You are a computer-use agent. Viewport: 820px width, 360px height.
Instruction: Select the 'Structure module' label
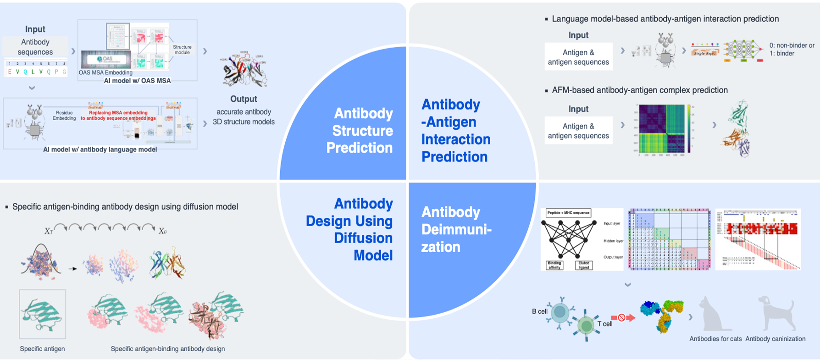tap(182, 50)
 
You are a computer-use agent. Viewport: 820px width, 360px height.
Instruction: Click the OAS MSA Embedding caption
tap(105, 72)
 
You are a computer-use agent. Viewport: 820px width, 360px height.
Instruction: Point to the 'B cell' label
tap(539, 311)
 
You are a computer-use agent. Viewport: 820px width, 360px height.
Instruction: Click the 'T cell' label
tap(604, 324)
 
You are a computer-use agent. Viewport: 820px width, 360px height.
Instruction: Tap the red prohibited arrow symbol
tap(622, 317)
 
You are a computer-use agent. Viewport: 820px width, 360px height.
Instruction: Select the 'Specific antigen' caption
tap(42, 349)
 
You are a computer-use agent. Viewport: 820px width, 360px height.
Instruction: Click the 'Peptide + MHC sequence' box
tap(568, 213)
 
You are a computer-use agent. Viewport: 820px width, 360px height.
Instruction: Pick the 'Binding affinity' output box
tap(554, 265)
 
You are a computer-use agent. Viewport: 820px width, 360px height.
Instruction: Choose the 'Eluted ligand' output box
tap(583, 265)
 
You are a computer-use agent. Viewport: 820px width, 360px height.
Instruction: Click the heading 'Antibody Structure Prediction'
tap(360, 131)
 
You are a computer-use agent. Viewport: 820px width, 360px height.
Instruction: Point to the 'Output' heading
tap(244, 99)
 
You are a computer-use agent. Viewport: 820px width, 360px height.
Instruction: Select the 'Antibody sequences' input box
tap(35, 47)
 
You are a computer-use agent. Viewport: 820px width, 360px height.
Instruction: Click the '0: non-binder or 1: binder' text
tap(792, 50)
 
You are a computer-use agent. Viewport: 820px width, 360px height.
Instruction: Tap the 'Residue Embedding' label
tap(64, 115)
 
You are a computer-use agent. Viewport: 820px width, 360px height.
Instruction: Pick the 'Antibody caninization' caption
tap(775, 339)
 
